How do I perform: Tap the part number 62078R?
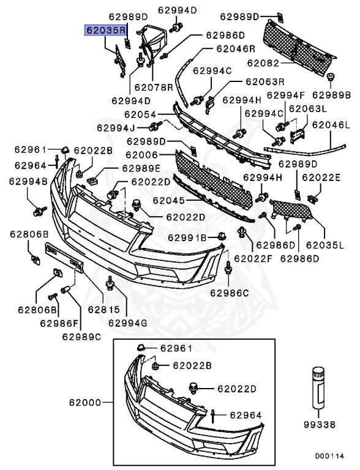(x=153, y=88)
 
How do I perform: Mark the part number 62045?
(x=167, y=200)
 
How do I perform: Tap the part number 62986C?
(x=229, y=293)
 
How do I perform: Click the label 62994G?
(x=127, y=323)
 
